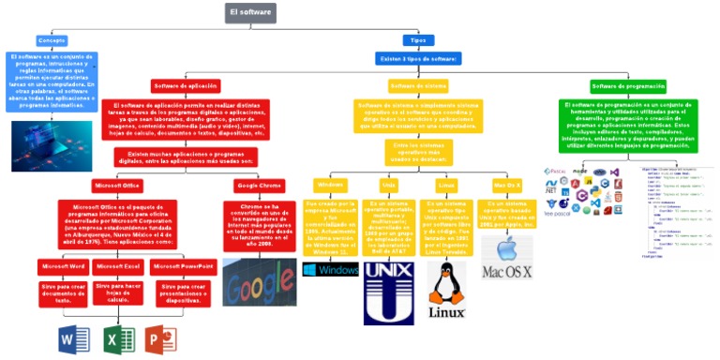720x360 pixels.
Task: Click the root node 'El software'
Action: [x=250, y=12]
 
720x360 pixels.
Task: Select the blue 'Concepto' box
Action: [x=52, y=40]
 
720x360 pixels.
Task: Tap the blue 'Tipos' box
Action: [x=417, y=40]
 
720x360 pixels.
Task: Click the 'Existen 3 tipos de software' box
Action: [x=417, y=59]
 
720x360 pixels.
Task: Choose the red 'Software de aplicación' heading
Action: [x=185, y=85]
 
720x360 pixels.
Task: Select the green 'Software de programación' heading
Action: [x=629, y=85]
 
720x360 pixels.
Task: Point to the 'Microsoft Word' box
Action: [x=63, y=266]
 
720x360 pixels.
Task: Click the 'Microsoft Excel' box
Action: [x=118, y=266]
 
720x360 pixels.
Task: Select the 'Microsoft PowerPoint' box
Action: [x=183, y=266]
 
